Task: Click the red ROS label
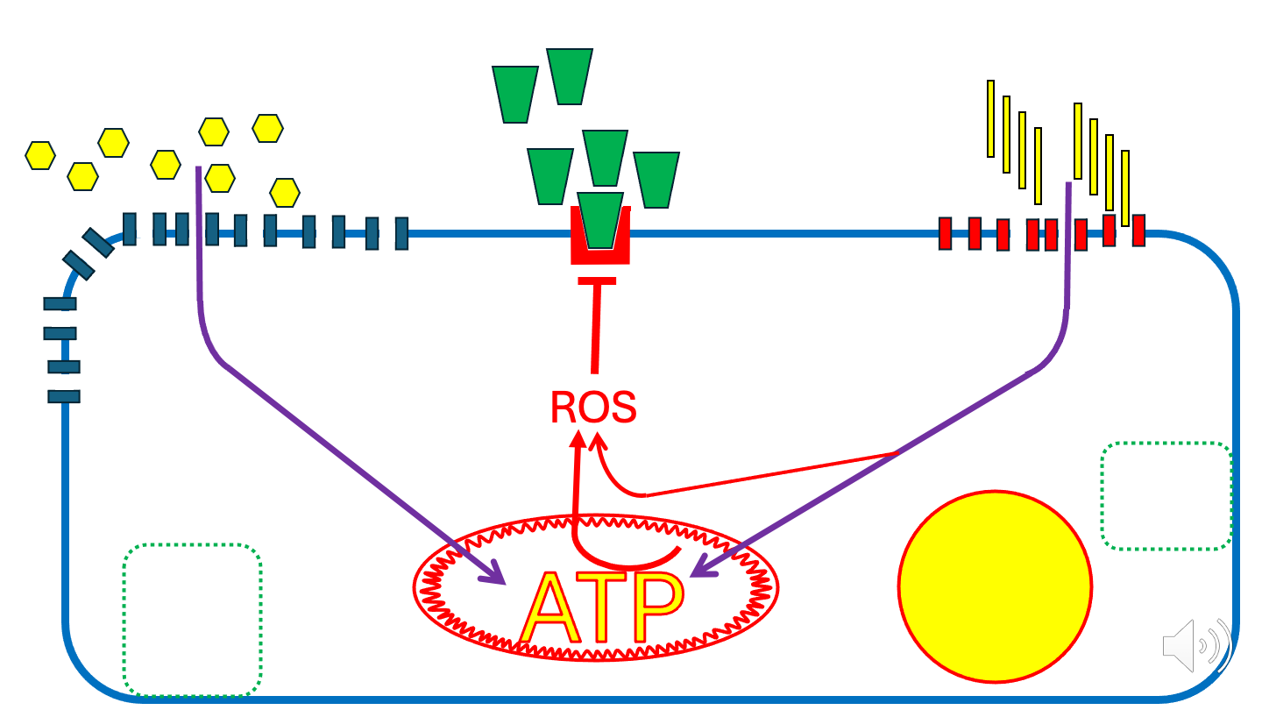pos(592,408)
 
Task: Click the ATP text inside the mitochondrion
pos(601,608)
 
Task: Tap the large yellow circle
pos(995,586)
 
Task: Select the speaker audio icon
pos(1196,648)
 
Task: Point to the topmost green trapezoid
pos(570,77)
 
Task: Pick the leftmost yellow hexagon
pos(40,155)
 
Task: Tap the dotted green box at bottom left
pos(193,619)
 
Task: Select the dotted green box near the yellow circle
pos(1166,496)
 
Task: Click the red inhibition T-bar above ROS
pos(598,281)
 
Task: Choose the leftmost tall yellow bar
pos(990,118)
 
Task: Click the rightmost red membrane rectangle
pos(1138,231)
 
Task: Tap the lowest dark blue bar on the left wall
pos(64,395)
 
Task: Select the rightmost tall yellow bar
pos(1125,188)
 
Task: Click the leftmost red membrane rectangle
pos(946,234)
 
